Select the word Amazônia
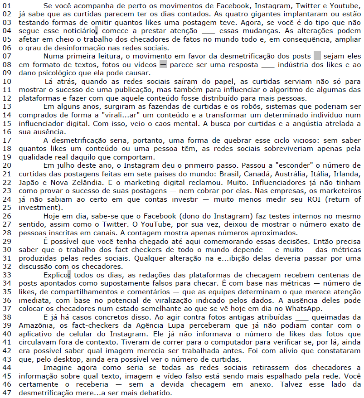[x=36, y=325]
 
